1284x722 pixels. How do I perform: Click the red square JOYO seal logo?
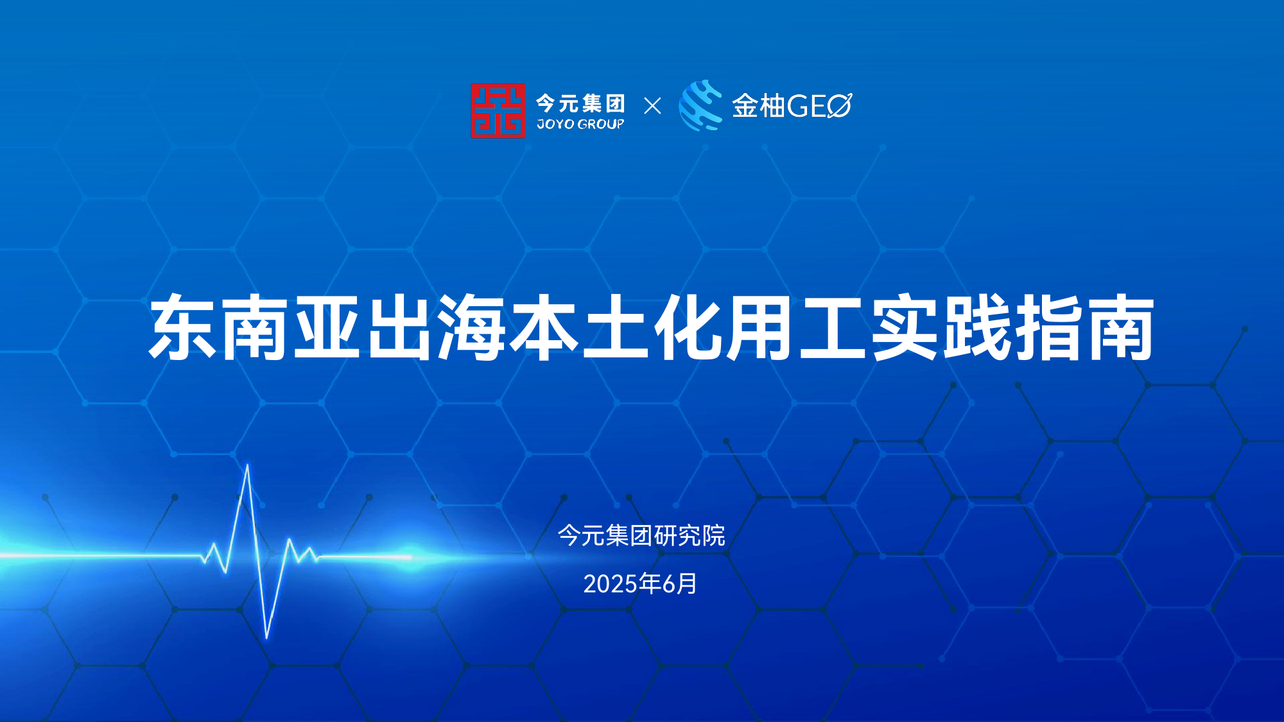point(498,111)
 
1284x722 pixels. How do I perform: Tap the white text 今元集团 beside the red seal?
point(580,103)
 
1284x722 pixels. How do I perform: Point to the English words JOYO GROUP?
point(580,125)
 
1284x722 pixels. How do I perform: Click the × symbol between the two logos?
point(652,106)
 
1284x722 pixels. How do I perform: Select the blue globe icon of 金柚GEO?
point(701,105)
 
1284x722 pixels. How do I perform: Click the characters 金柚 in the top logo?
point(758,106)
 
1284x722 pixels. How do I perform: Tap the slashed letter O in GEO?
point(839,106)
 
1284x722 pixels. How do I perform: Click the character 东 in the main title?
point(183,327)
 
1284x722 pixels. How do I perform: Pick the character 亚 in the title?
point(327,327)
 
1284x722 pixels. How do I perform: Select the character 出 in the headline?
point(399,327)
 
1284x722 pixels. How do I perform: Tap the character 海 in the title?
point(471,327)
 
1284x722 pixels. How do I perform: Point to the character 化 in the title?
point(688,327)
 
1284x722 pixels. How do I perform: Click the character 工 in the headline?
point(833,327)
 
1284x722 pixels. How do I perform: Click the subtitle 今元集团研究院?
point(641,535)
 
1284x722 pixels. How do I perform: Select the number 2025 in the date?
point(611,584)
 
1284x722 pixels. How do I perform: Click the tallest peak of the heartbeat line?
point(248,465)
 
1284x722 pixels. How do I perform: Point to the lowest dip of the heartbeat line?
point(267,638)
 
